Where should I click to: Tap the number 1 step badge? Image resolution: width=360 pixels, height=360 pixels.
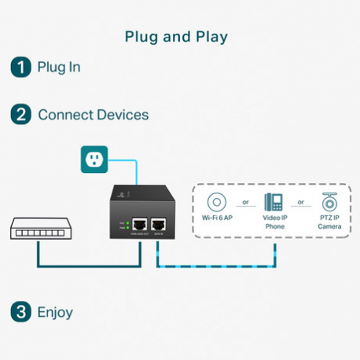tap(20, 67)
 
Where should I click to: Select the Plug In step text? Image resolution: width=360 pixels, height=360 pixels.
tap(59, 67)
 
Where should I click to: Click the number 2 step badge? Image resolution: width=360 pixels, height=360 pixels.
tap(20, 115)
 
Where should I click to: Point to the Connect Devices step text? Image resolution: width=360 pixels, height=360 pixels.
tap(93, 115)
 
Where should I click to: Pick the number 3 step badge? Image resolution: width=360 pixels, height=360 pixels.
tap(20, 312)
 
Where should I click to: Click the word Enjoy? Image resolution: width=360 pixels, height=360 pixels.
tap(55, 312)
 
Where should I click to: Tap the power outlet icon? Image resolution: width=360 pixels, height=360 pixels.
tap(94, 160)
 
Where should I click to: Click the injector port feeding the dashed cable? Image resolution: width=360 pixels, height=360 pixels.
tap(158, 225)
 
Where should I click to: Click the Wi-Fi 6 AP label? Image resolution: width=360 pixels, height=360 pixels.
tap(217, 218)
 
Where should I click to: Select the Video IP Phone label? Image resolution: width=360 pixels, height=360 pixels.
tap(274, 222)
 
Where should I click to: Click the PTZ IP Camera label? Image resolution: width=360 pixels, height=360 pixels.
tap(330, 222)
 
